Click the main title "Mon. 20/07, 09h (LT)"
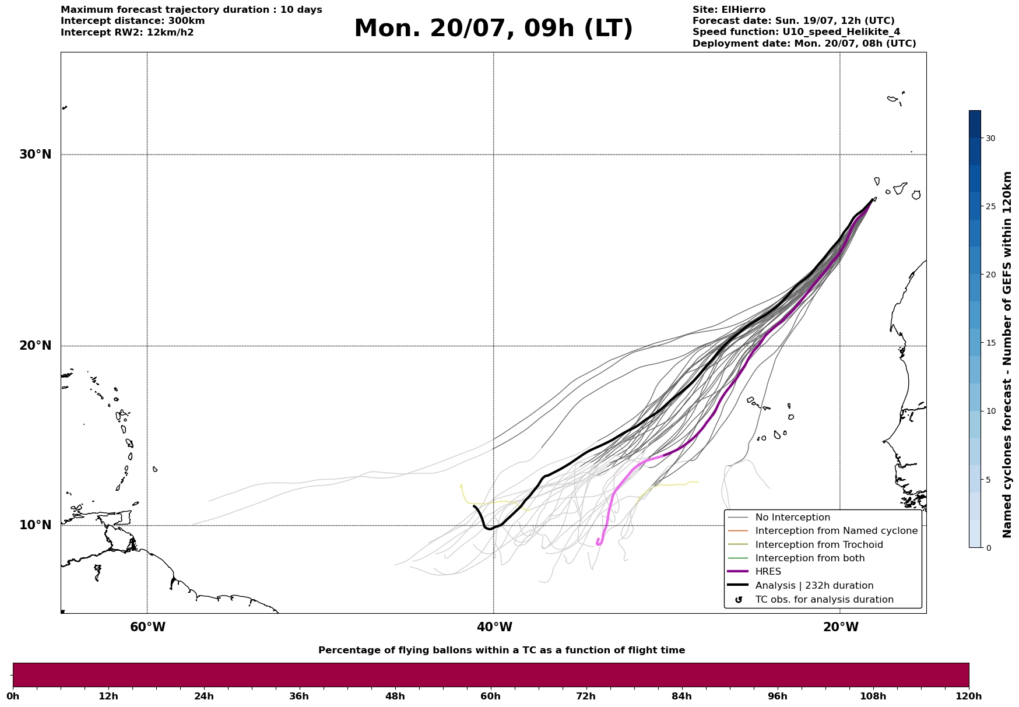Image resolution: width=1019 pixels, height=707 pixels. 493,29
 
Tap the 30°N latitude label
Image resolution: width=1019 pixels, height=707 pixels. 36,154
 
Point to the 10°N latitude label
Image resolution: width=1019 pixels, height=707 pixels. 36,525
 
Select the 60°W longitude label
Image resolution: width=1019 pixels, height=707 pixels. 147,627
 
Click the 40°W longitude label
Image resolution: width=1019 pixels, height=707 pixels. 494,627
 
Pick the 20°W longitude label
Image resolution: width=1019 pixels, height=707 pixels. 841,627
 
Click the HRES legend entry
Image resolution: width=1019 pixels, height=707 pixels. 768,572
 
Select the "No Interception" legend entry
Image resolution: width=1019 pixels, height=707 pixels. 793,518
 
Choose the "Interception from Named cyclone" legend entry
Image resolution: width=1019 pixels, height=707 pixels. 837,531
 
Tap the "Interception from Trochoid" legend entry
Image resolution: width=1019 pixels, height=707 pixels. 819,545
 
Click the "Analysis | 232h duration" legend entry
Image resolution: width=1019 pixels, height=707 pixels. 814,586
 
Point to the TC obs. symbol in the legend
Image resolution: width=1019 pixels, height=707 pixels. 739,600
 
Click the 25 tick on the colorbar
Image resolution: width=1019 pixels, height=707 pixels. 990,206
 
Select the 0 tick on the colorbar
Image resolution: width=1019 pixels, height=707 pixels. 988,548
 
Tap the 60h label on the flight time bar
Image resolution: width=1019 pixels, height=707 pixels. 491,697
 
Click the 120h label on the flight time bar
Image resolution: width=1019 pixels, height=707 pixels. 969,697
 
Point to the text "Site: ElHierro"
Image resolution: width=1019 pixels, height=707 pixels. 729,10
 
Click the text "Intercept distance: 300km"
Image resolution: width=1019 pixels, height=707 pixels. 133,21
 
